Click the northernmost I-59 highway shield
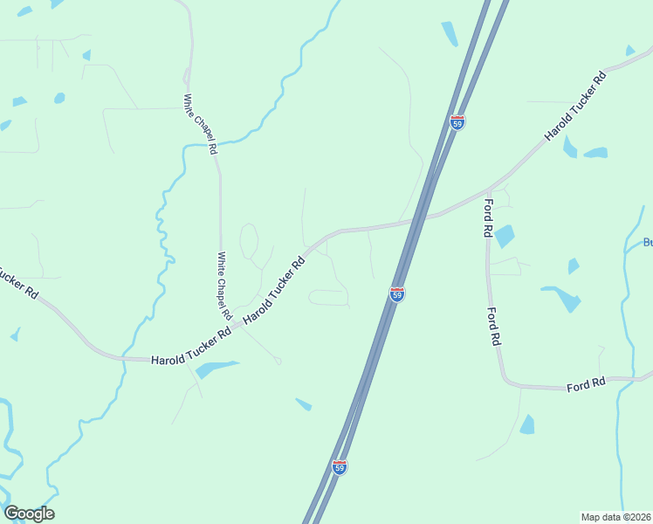[457, 122]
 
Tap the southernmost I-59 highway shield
[340, 467]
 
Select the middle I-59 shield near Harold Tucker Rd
[397, 293]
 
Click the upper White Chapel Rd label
[200, 124]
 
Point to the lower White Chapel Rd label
[223, 285]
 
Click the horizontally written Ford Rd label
[586, 384]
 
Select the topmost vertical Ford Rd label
[488, 218]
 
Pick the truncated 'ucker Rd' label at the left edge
[17, 281]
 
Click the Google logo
[29, 514]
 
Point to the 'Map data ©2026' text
[615, 517]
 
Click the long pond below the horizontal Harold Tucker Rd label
[216, 369]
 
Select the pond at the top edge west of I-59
[449, 33]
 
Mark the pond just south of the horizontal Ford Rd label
[526, 425]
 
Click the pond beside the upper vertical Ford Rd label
[505, 236]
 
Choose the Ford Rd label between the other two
[493, 327]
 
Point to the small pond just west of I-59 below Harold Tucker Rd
[304, 403]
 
